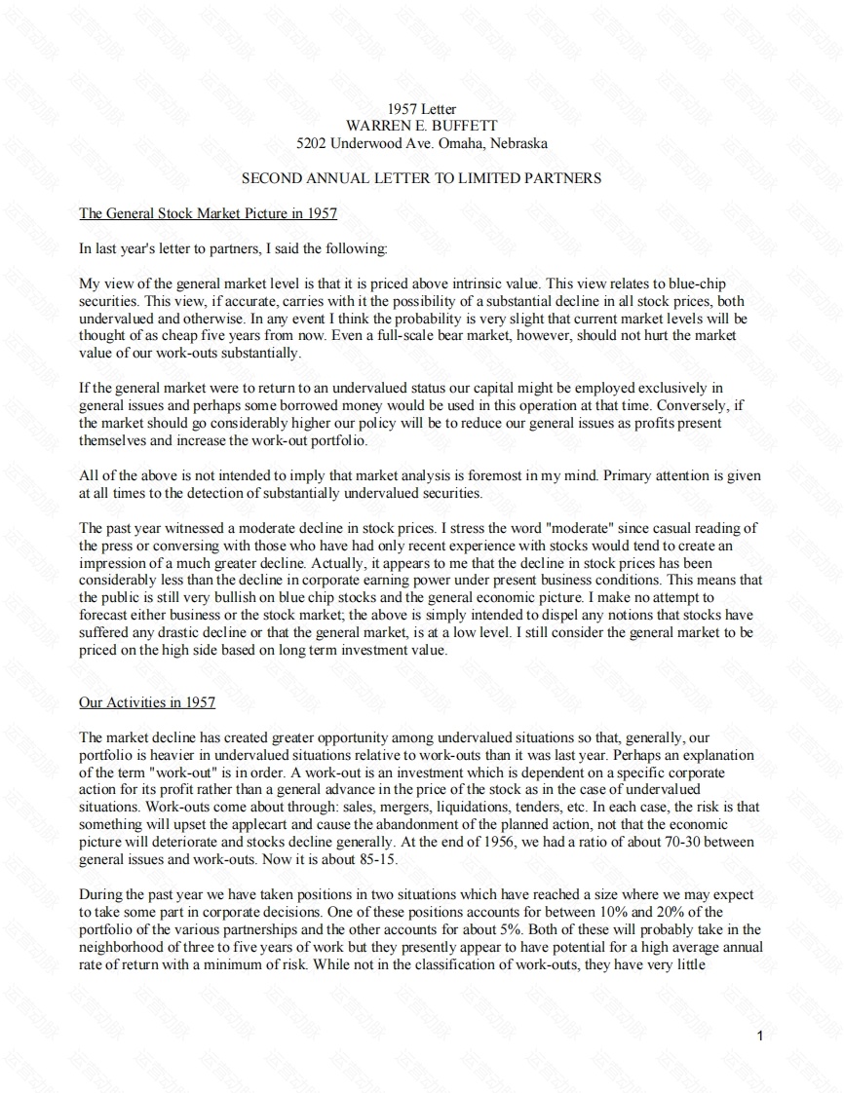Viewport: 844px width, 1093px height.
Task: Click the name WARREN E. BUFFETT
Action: click(x=422, y=126)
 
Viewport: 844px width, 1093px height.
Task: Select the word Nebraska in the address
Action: click(x=519, y=143)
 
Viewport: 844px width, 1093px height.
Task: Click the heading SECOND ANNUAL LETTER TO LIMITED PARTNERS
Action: click(x=421, y=178)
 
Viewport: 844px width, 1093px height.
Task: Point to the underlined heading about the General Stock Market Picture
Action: click(x=208, y=213)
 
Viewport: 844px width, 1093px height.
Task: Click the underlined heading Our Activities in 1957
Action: click(x=147, y=702)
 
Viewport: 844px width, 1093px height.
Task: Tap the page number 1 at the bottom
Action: click(x=760, y=1035)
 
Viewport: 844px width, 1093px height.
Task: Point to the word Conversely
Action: click(x=682, y=406)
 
